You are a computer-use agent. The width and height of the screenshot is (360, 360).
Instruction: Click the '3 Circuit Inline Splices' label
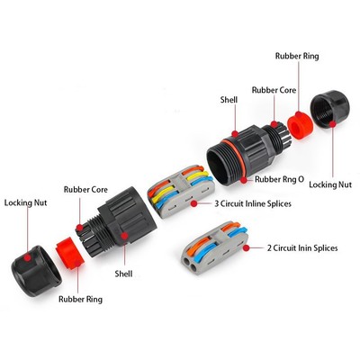click(253, 203)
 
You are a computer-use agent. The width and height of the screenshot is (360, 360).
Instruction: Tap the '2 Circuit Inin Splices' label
click(302, 248)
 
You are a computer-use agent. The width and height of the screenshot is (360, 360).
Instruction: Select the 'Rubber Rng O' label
click(279, 179)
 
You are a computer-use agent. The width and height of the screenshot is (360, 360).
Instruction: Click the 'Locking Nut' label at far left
click(25, 202)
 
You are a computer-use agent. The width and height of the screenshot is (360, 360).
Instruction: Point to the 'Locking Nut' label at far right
click(330, 184)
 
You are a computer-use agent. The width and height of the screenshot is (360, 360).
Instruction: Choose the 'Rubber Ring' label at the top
click(297, 56)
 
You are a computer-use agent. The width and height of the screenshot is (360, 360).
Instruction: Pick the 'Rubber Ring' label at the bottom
click(80, 299)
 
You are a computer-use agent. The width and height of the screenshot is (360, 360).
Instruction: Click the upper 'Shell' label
click(229, 100)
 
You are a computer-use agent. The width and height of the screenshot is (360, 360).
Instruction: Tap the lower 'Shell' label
click(123, 274)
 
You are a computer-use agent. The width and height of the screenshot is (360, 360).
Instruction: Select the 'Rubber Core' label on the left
click(85, 190)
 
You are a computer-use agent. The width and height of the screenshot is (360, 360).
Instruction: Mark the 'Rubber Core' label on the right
click(274, 90)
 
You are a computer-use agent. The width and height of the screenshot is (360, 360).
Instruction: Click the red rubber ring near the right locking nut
click(300, 124)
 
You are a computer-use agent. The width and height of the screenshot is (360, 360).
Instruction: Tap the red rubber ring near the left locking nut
click(68, 253)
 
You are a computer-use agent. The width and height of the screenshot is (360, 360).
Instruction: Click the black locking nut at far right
click(329, 109)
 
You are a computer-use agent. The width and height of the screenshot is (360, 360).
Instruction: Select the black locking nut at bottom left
click(36, 271)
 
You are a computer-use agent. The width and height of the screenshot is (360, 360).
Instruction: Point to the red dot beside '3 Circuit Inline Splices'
click(194, 204)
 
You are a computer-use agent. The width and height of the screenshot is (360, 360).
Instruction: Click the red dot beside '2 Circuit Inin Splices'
click(247, 248)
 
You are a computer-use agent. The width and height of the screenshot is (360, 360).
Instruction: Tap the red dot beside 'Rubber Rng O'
click(244, 180)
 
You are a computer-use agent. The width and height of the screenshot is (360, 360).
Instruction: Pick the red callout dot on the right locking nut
click(332, 124)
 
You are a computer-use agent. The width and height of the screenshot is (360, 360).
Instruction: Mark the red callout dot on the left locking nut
click(28, 257)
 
